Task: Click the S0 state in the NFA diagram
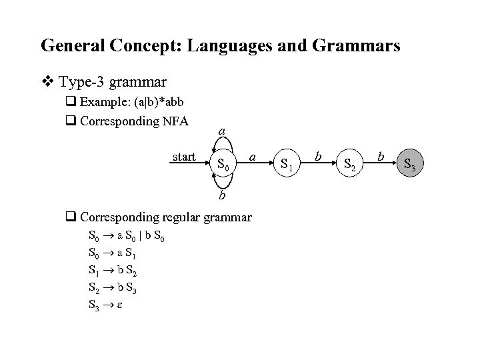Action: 223,164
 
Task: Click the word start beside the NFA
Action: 184,157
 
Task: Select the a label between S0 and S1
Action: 253,156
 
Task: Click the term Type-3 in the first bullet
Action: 82,83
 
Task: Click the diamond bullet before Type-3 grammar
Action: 48,83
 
